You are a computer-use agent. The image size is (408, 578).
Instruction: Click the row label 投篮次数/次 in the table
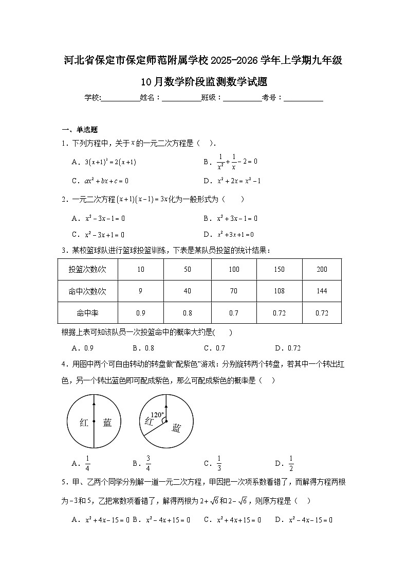click(x=87, y=269)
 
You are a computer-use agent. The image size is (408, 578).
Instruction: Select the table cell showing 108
click(x=279, y=291)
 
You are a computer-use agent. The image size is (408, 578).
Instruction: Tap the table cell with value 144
click(x=322, y=291)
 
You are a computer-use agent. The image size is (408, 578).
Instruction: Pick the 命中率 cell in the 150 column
click(x=279, y=313)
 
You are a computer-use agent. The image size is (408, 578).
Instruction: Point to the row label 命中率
click(x=87, y=313)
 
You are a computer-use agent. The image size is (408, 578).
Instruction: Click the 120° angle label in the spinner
click(x=157, y=414)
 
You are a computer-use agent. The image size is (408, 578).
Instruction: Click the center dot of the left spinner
click(x=94, y=422)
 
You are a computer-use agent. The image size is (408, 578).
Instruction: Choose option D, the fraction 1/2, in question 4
click(x=290, y=463)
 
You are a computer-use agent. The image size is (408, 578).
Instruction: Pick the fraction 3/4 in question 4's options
click(x=148, y=463)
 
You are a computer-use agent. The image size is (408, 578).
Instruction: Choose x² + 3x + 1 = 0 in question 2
click(x=235, y=234)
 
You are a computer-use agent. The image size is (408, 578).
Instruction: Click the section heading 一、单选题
click(x=80, y=130)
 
